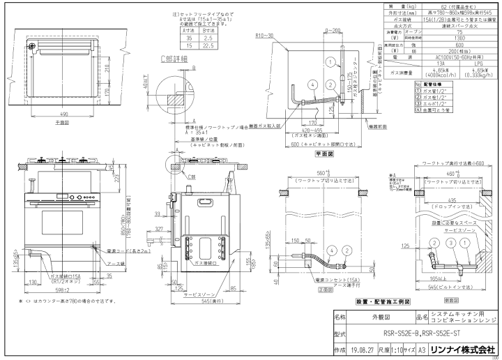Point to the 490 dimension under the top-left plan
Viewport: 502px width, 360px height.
point(63,114)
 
